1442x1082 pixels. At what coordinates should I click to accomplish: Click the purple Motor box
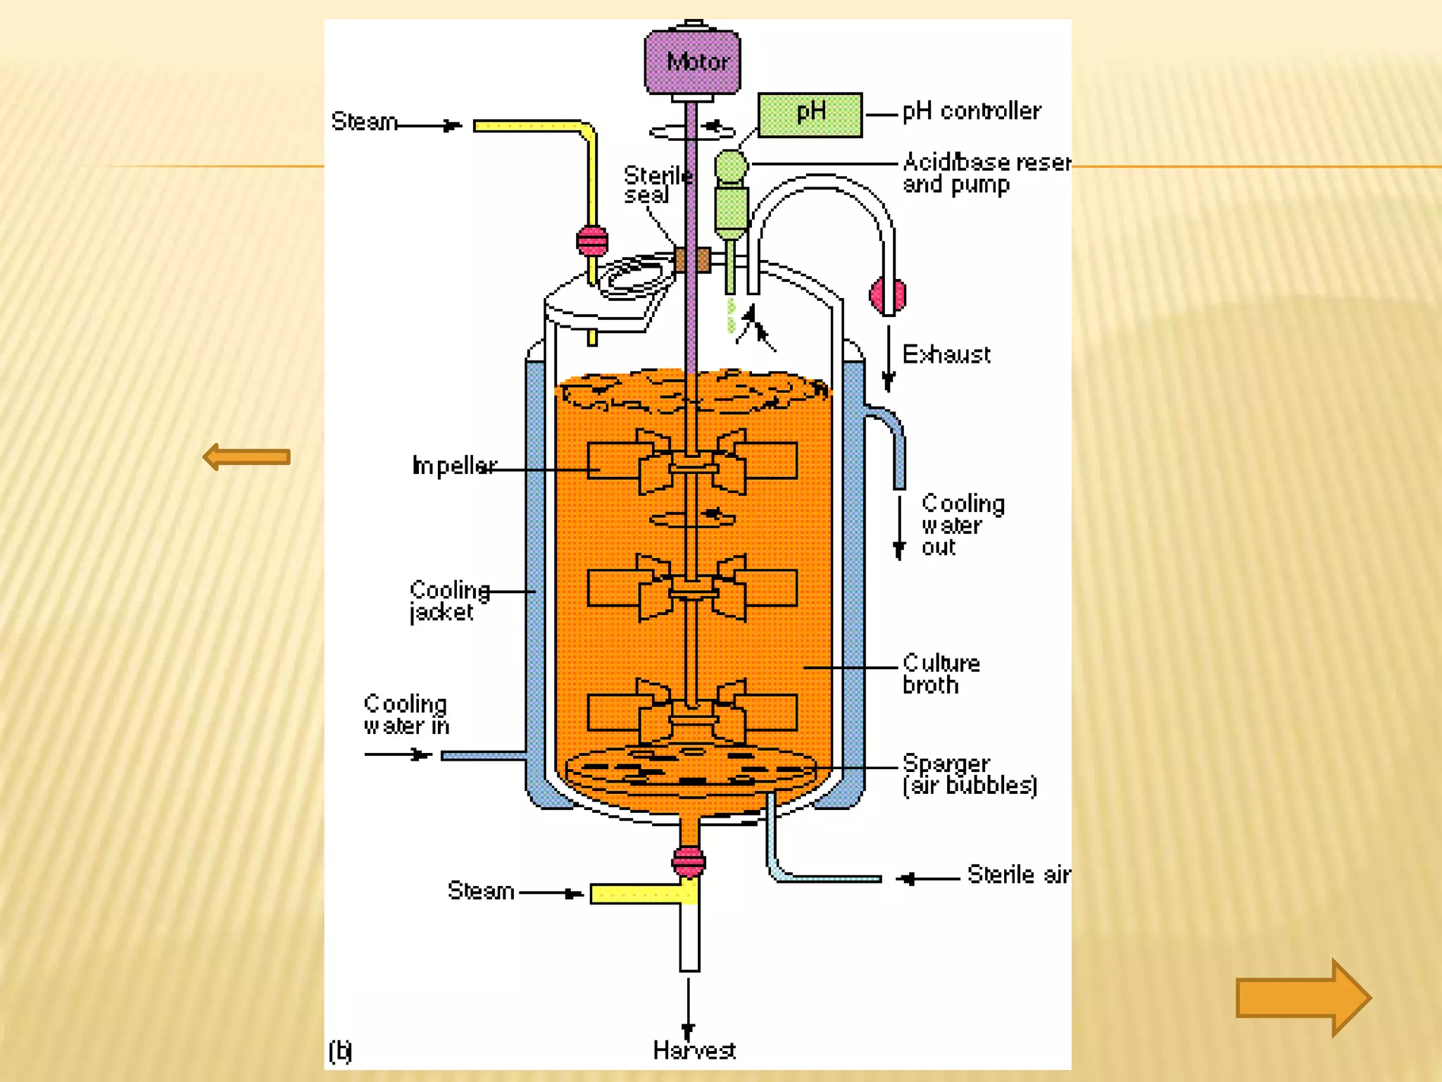click(692, 62)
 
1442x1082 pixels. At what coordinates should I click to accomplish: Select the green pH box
click(810, 114)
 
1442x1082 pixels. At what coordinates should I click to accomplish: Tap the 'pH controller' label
click(971, 111)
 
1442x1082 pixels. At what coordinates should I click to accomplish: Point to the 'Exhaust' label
click(946, 354)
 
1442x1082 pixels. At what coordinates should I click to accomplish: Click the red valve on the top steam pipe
click(592, 241)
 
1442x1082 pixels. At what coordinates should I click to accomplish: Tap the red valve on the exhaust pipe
click(886, 295)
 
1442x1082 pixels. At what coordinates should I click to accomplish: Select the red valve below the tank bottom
click(689, 861)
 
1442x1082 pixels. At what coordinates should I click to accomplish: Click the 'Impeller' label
click(454, 466)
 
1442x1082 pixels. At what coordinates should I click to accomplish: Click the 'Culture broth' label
click(941, 673)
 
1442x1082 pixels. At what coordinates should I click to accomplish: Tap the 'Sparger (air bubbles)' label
click(969, 774)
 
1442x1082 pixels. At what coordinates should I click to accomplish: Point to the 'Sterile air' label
click(1017, 874)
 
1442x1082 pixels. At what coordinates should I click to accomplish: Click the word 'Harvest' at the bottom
click(694, 1050)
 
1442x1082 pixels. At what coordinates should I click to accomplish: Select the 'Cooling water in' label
click(406, 714)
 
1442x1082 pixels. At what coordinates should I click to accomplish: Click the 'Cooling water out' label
click(961, 525)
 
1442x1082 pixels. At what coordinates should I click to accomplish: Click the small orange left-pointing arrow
click(246, 457)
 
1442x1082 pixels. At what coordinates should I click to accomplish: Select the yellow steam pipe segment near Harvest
click(642, 894)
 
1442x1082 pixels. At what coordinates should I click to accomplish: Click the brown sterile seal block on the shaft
click(692, 259)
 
